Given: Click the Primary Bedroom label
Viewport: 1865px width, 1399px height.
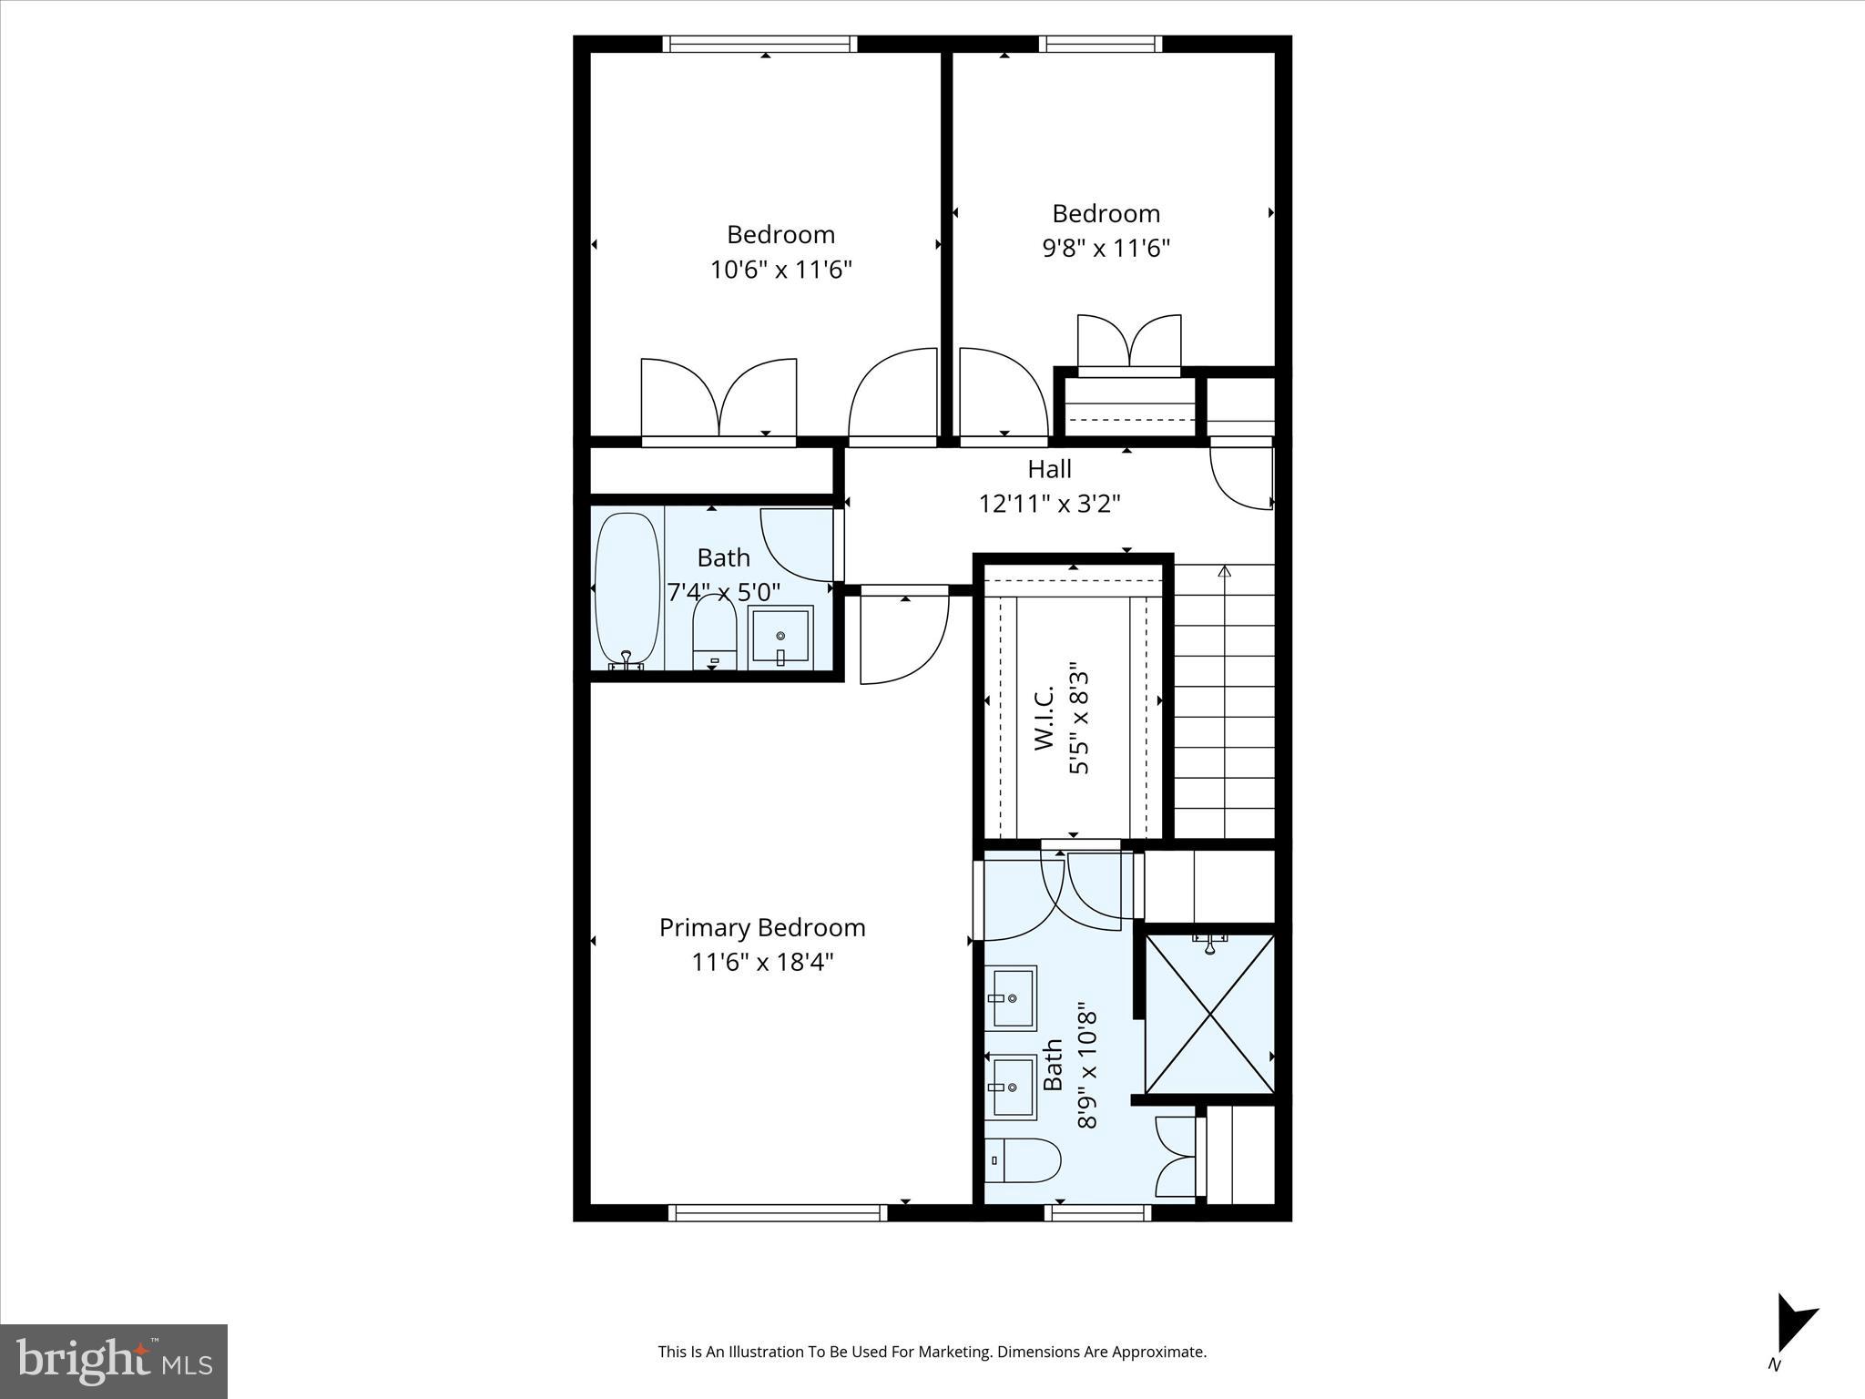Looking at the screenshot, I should (x=761, y=927).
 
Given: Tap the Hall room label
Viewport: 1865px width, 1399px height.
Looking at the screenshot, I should (x=1049, y=469).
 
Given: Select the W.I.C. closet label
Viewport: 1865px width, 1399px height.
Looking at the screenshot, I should (x=1045, y=719).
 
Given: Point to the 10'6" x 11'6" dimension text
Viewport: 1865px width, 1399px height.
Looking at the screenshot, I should (x=780, y=270).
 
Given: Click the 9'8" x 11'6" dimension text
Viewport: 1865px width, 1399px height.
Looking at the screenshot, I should (x=1106, y=248).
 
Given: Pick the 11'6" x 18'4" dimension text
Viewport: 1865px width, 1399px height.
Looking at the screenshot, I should (x=761, y=962).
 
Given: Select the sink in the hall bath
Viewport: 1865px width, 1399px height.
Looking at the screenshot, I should (x=780, y=638).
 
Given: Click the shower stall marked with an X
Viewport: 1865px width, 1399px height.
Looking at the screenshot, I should (x=1209, y=1013).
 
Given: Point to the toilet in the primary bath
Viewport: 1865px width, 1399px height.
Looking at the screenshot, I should (x=1023, y=1160).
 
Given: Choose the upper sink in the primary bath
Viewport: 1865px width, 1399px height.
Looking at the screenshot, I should (x=1011, y=997).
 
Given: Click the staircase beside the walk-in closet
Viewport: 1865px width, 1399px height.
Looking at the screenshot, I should (x=1223, y=701).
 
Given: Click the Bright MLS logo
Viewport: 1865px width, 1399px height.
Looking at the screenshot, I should (x=114, y=1361).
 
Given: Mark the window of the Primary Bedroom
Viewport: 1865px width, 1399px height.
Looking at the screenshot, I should (x=777, y=1212).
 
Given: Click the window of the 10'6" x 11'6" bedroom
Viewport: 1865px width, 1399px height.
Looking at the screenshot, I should (x=759, y=44).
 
